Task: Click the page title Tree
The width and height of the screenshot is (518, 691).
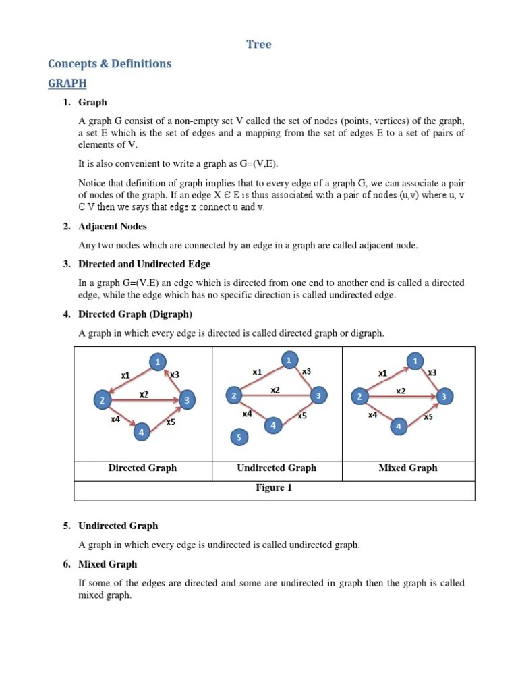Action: tap(259, 45)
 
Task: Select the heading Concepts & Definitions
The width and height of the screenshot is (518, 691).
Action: tap(109, 64)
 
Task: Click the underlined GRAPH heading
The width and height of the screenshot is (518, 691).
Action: tap(67, 84)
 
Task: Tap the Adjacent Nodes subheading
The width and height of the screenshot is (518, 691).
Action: tap(112, 227)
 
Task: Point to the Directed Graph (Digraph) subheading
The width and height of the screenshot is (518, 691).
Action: tap(135, 314)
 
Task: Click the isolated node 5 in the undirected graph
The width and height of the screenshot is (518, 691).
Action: tap(239, 438)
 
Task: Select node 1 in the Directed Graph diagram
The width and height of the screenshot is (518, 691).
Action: tap(158, 362)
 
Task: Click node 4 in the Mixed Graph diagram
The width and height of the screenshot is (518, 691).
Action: tap(399, 426)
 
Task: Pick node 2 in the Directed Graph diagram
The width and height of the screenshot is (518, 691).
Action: tap(103, 400)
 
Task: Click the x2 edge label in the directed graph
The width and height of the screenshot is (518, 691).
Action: tap(144, 394)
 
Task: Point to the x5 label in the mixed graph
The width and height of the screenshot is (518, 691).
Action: tap(428, 417)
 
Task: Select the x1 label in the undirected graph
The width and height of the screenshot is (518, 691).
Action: tap(257, 372)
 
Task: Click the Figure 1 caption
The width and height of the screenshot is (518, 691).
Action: tap(274, 488)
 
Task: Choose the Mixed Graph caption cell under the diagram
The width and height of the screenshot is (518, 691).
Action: tap(408, 468)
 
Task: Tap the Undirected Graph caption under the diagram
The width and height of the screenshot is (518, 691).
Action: tap(277, 468)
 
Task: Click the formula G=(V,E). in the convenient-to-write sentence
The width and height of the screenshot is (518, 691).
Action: tap(254, 164)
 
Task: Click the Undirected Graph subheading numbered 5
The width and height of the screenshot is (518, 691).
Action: tap(118, 526)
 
